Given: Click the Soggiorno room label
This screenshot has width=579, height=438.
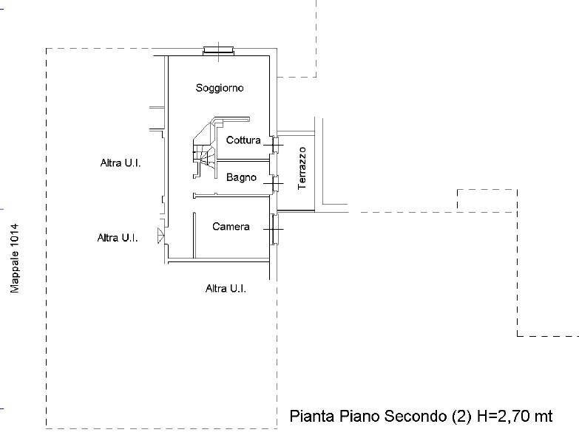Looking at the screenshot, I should coord(220,88).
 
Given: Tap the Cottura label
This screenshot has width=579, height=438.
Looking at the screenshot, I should coord(243,140).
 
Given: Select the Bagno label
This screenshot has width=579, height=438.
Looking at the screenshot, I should coord(241,177).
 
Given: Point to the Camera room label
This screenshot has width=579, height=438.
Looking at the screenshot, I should coord(231,227).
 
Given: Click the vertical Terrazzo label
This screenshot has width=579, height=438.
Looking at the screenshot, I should coord(302,168).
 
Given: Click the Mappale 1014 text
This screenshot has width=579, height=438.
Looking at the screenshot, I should coord(13,259).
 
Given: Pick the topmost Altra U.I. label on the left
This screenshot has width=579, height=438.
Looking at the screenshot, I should coord(120,163).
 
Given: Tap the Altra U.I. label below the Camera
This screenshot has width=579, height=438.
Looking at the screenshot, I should coord(226,289).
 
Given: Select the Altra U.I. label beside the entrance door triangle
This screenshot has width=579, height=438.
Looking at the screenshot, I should coord(118,238).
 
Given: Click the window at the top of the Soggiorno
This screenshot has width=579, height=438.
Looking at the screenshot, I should coord(219,51).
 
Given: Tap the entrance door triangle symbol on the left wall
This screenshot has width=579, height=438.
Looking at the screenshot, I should coord(160,236).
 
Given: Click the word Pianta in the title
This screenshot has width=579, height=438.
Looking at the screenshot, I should coord(309,417).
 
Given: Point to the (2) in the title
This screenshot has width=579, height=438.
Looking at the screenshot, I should coord(460,417).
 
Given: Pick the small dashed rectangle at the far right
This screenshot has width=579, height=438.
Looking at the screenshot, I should coord(487,200).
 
